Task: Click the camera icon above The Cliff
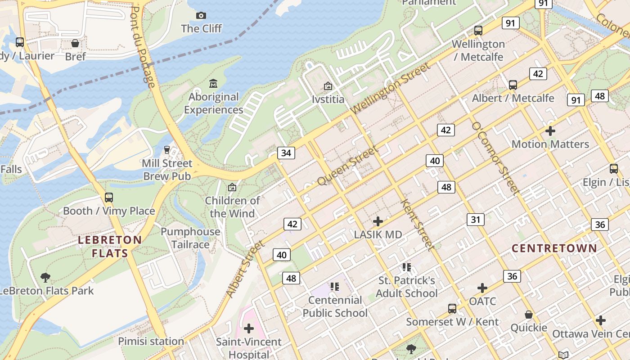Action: point(201,16)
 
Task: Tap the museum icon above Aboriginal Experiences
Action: point(213,83)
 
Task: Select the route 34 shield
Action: point(286,153)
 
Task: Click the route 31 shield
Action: point(476,220)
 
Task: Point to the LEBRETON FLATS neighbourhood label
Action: point(110,247)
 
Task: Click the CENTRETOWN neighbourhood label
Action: point(554,248)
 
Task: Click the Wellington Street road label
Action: point(390,89)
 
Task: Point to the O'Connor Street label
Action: point(495,158)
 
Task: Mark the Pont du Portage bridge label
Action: point(143,47)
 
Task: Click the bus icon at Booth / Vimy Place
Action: point(108,197)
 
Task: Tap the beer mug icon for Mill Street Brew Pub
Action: point(167,149)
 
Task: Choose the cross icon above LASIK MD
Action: point(378,221)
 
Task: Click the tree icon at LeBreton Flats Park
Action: point(45,277)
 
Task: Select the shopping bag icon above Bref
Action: point(75,43)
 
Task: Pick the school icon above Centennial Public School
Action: point(334,286)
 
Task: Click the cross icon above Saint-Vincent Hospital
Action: point(248,328)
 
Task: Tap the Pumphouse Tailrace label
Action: point(191,238)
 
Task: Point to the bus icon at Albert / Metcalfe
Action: point(513,85)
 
